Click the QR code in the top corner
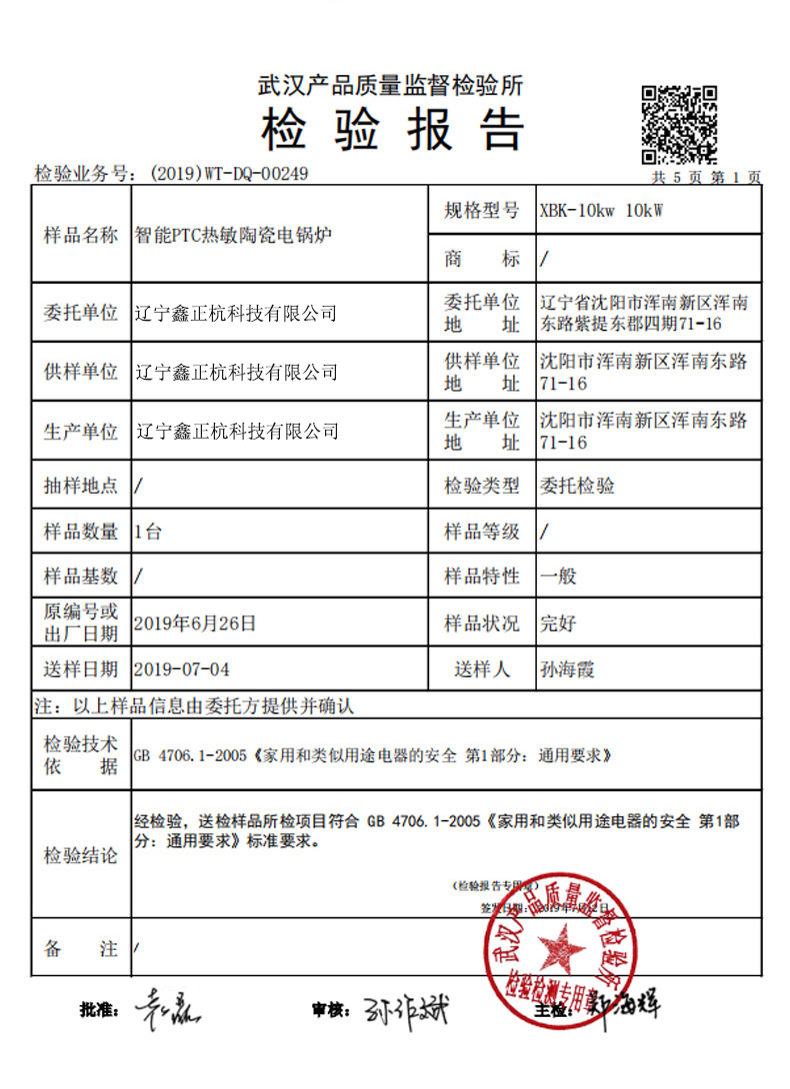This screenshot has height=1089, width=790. point(680,123)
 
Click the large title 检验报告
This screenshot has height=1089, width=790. point(392,130)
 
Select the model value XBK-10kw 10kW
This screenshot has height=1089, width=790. point(602,211)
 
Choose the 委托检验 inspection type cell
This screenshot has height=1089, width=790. point(577,486)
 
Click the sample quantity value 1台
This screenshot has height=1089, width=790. point(148,532)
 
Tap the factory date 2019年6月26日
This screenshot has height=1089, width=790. point(195,623)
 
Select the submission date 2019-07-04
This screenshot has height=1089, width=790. point(188,668)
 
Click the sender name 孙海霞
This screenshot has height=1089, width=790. point(566,668)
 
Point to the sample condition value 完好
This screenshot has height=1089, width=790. point(558,623)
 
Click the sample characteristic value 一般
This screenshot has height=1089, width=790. point(558,576)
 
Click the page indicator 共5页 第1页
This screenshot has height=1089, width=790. point(706,178)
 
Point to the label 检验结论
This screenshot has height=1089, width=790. point(80,855)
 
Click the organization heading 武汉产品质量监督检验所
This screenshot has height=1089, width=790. point(390,86)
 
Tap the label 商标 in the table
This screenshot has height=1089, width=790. point(482,259)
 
